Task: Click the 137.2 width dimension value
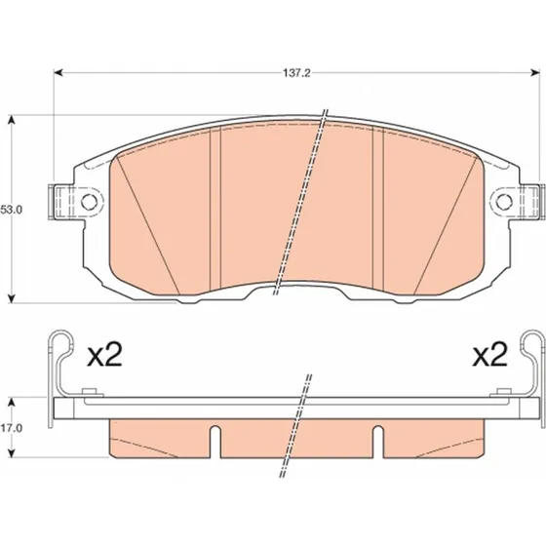296,73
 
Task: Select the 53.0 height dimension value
11,210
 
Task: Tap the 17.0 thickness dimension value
11,428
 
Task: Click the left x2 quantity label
104,355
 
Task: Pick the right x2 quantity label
489,355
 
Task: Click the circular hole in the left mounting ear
89,201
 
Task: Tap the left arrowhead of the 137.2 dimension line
58,73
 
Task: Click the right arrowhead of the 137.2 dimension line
535,73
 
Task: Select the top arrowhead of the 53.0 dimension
12,119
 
